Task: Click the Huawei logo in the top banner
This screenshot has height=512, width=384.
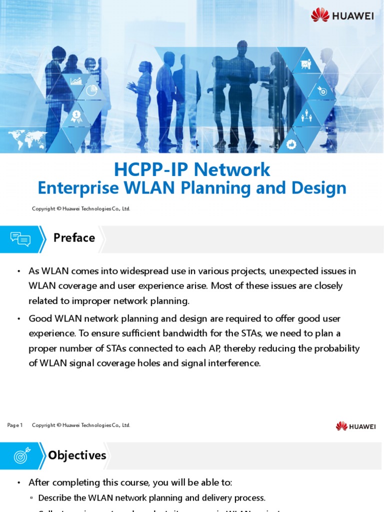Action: click(342, 15)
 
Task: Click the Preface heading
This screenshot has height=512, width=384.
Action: click(74, 238)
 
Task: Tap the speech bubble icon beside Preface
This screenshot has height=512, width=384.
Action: click(20, 239)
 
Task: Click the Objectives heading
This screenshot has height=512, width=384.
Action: click(77, 455)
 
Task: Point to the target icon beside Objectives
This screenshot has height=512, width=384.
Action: click(22, 455)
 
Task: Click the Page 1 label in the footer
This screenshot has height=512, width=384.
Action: click(15, 425)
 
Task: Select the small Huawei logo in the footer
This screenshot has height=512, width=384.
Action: click(355, 426)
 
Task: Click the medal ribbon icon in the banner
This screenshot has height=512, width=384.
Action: click(76, 116)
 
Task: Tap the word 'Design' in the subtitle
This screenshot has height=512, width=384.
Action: click(323, 188)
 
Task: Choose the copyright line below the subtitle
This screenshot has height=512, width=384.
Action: click(81, 209)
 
